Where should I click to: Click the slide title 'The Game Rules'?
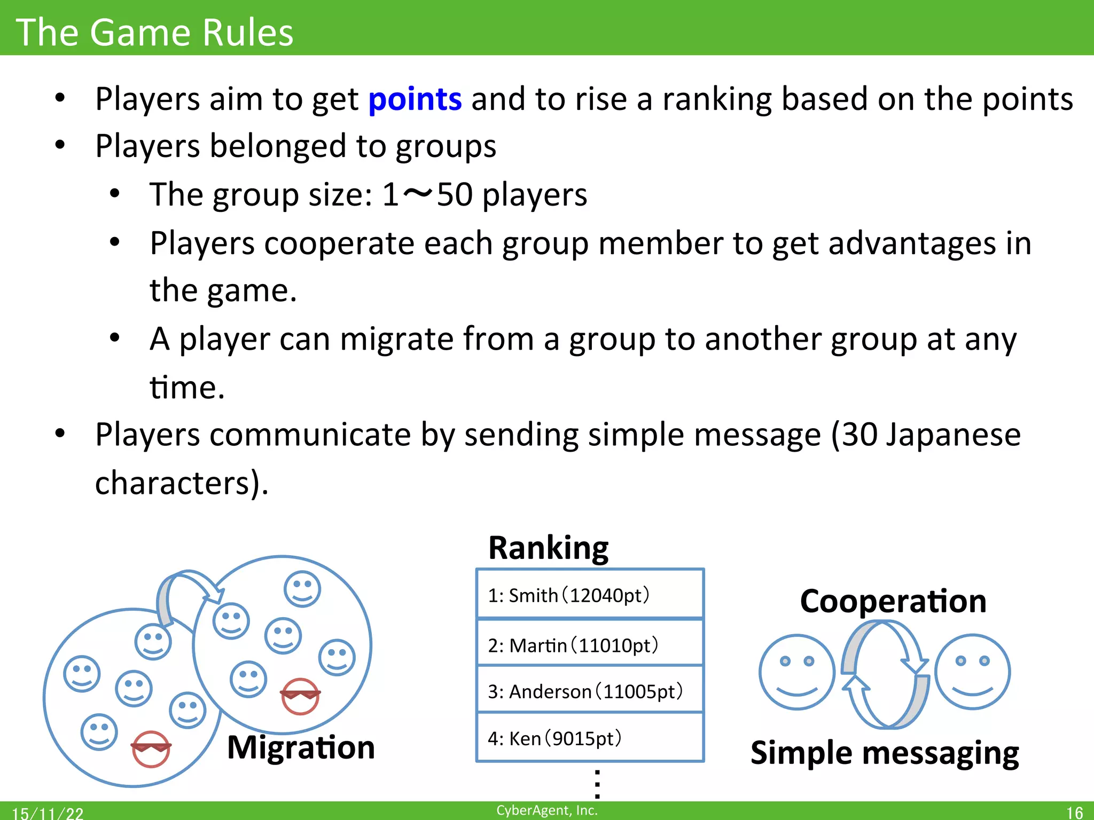(x=155, y=32)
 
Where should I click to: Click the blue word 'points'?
(x=415, y=99)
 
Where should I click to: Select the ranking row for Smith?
(x=590, y=595)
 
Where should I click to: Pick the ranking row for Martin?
(x=590, y=645)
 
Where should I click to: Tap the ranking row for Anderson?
(x=590, y=691)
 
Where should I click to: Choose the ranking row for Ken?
(x=590, y=738)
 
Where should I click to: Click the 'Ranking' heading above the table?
(x=549, y=548)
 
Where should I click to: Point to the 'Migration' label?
(x=301, y=747)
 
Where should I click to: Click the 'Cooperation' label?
(x=893, y=602)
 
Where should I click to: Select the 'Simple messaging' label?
(x=885, y=753)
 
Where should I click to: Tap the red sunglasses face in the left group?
(x=151, y=748)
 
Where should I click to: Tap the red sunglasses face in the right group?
(x=300, y=696)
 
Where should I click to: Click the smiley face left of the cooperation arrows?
(x=796, y=672)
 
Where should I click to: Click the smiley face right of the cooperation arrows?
(x=972, y=672)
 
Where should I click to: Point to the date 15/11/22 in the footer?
(x=48, y=813)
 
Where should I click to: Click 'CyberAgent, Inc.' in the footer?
(x=547, y=810)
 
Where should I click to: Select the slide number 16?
(x=1074, y=813)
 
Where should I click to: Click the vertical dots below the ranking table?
(x=597, y=783)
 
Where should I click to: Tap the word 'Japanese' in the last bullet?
(x=953, y=435)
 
